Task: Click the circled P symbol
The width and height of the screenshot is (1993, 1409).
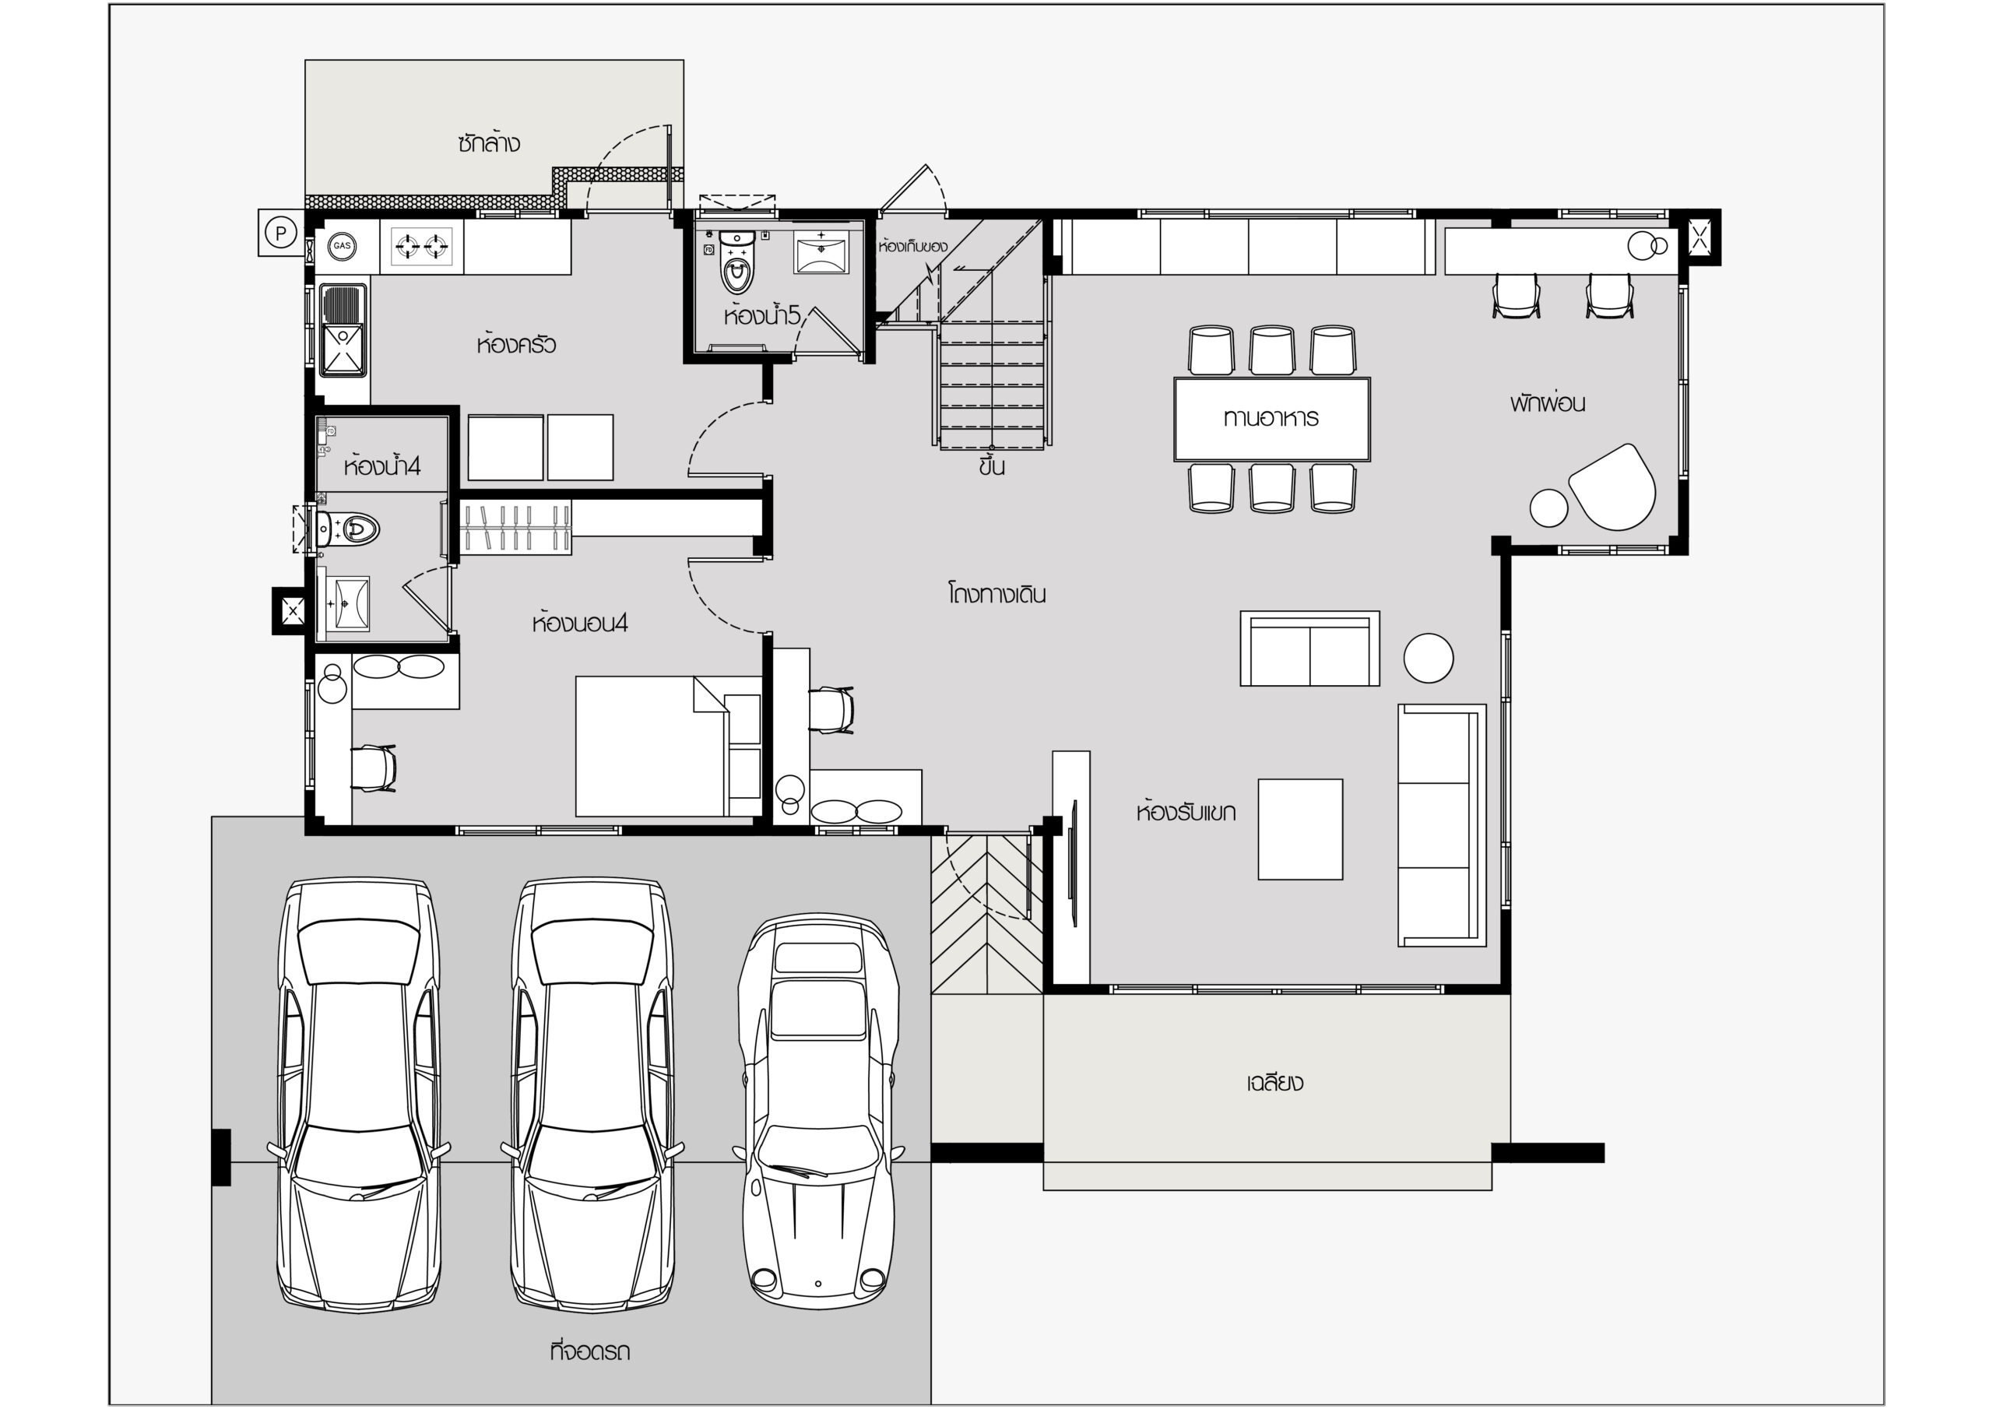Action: [280, 233]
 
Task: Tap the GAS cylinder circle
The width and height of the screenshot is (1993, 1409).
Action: [342, 246]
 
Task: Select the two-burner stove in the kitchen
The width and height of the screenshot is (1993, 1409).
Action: [422, 246]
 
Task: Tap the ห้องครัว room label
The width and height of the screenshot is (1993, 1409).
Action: [515, 345]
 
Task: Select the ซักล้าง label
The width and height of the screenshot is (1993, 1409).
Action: [490, 143]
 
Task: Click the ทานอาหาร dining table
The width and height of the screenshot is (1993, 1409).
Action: [1271, 420]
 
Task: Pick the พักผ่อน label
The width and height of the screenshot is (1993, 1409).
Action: [1548, 402]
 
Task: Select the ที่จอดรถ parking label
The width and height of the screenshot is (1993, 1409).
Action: [590, 1351]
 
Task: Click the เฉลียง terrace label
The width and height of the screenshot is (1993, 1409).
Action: [1274, 1083]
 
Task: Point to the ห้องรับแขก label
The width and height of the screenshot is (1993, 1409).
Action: [1186, 813]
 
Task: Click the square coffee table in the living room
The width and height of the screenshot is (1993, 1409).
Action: [1300, 829]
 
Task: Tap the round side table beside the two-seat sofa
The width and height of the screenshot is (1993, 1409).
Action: [1429, 657]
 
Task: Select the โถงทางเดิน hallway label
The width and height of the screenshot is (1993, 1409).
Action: [996, 595]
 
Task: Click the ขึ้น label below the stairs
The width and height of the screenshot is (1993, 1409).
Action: [991, 466]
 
